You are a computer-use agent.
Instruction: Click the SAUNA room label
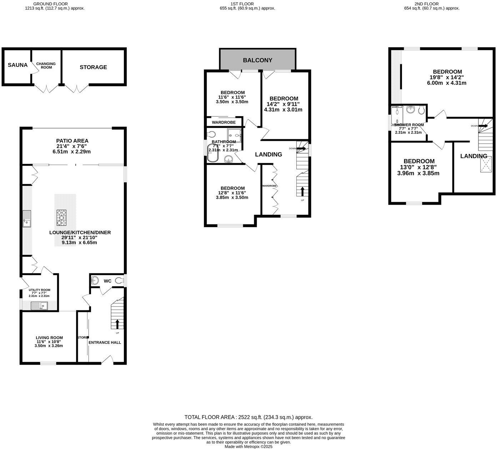[x=17, y=65]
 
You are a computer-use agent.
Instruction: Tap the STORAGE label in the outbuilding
[x=93, y=67]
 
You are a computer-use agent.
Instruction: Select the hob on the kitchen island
[x=62, y=217]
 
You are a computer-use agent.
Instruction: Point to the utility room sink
[x=39, y=305]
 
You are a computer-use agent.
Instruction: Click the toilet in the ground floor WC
[x=119, y=281]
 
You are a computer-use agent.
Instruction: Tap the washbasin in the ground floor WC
[x=95, y=280]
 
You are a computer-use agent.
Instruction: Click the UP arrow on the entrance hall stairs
[x=117, y=324]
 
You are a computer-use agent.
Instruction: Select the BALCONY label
[x=257, y=60]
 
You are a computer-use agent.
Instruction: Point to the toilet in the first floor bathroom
[x=212, y=134]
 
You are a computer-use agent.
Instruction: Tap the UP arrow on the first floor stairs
[x=302, y=191]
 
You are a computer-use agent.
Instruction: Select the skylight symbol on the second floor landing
[x=486, y=164]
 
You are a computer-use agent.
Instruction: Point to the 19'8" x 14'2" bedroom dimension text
[x=447, y=77]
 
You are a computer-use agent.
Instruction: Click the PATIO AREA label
[x=72, y=141]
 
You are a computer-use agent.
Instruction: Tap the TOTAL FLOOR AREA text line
[x=248, y=417]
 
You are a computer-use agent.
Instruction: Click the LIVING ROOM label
[x=49, y=338]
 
